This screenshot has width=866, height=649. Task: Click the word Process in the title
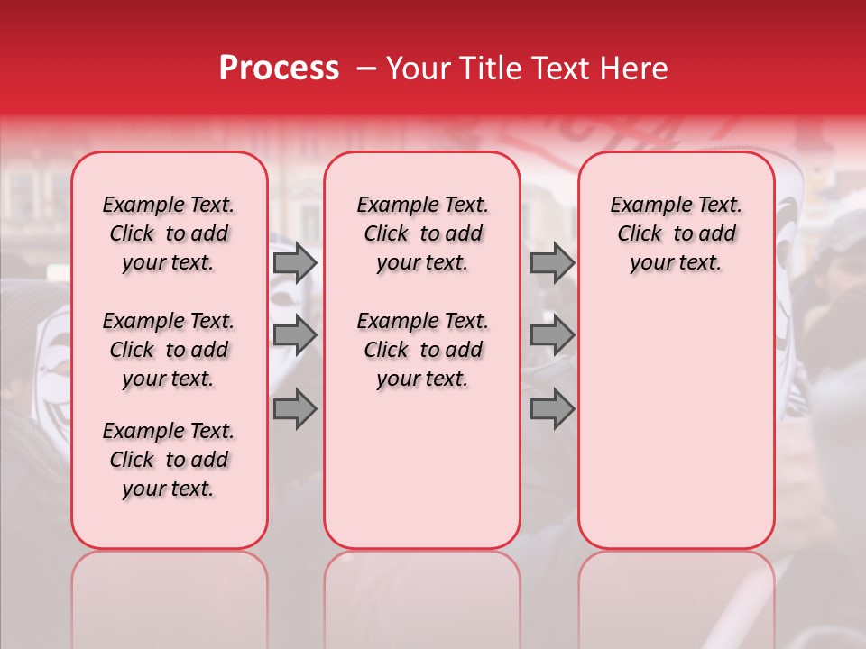point(278,69)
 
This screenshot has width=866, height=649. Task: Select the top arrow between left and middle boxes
point(295,263)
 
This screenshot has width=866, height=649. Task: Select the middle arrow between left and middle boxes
point(295,335)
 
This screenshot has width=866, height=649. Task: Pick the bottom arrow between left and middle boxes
point(295,408)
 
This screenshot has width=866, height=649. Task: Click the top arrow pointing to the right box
point(552,263)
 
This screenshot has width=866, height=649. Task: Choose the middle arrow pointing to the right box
point(552,335)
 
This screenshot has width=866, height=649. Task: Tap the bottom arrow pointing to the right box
point(552,408)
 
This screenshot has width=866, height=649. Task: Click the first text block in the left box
point(169,233)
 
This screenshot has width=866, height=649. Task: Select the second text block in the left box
point(169,350)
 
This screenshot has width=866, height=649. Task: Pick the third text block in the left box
point(169,460)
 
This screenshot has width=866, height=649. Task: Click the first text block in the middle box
point(422,233)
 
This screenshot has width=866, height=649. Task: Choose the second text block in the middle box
point(422,350)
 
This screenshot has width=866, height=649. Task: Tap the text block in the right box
point(676,233)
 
